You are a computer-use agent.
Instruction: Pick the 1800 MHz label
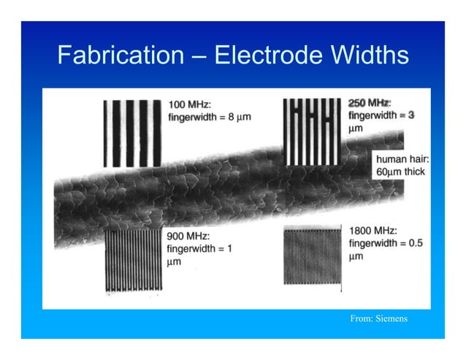pyautogui.click(x=373, y=229)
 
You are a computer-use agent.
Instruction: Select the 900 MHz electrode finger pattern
pyautogui.click(x=132, y=260)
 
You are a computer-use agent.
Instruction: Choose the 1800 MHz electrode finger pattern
pyautogui.click(x=312, y=256)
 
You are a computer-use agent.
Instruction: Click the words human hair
pyautogui.click(x=402, y=158)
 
